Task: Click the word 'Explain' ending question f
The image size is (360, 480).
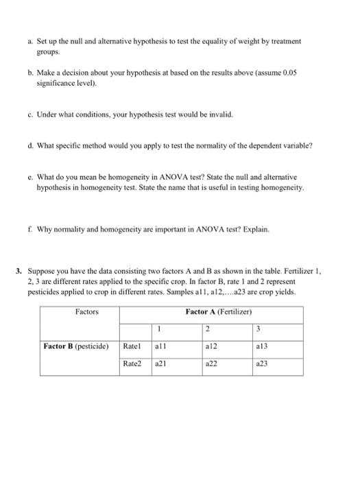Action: [252, 230]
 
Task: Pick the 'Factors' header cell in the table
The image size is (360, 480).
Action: [86, 312]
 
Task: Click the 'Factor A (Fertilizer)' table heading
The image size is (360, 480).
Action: [219, 312]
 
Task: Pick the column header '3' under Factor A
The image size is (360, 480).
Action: [257, 329]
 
